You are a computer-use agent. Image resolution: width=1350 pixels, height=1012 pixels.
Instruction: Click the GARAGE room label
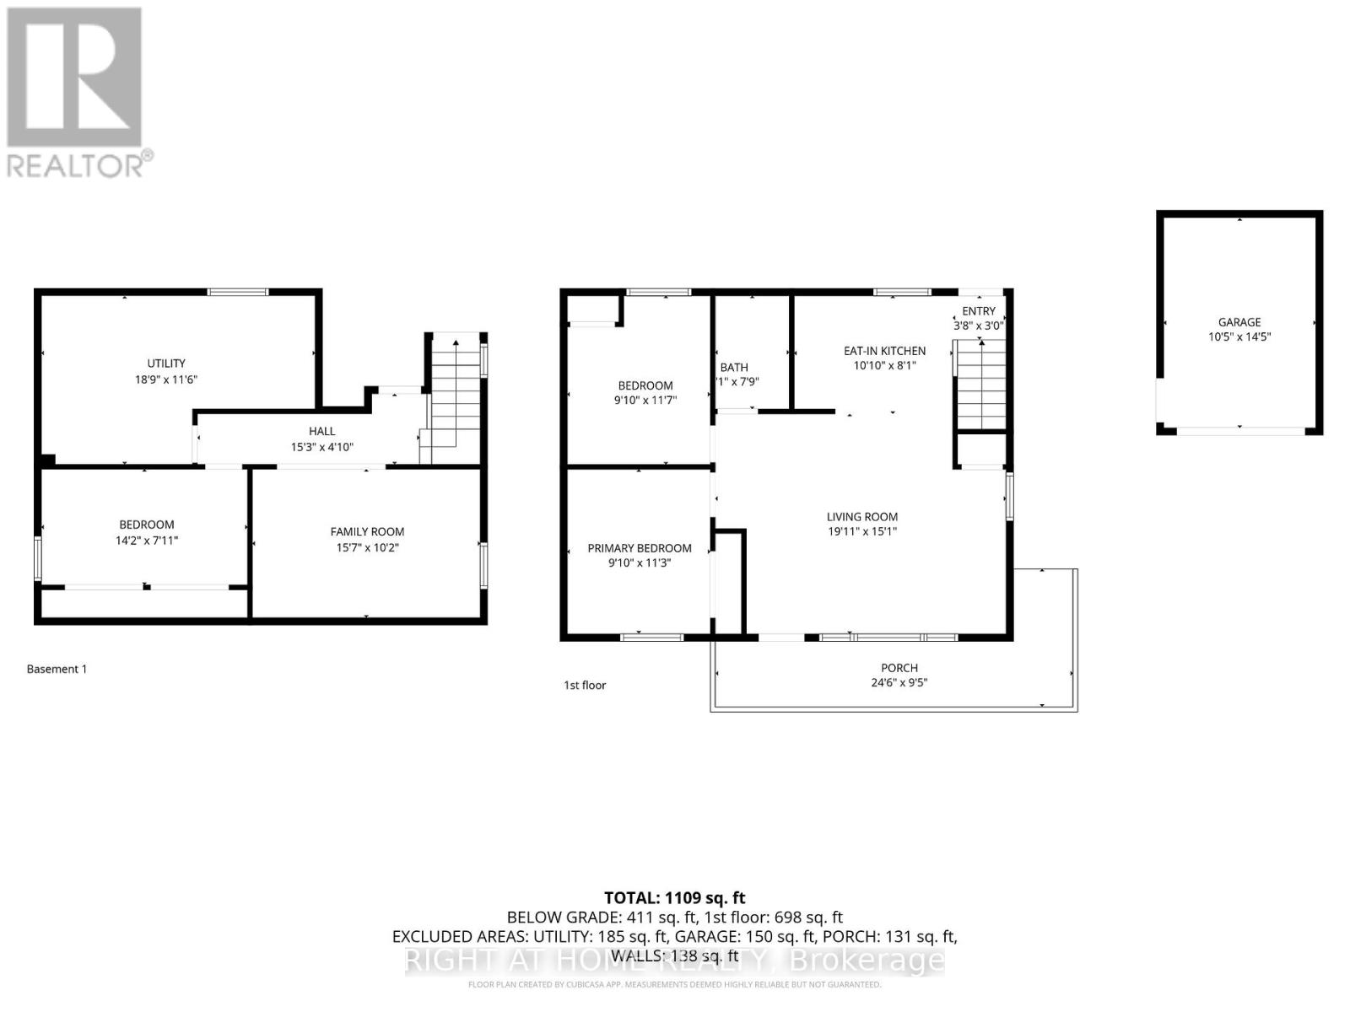pos(1239,321)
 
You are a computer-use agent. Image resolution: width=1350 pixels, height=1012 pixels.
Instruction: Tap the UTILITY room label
pos(166,363)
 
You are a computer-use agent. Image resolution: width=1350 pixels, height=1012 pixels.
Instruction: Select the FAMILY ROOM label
pos(367,531)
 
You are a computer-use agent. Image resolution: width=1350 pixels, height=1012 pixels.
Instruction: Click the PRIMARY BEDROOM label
pos(640,548)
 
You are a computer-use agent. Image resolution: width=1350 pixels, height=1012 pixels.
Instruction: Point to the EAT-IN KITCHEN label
pos(884,351)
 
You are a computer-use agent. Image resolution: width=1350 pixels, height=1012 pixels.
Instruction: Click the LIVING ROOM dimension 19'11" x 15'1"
pos(862,531)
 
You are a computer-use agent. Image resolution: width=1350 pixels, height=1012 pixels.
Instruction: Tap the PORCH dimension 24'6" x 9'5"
pos(899,682)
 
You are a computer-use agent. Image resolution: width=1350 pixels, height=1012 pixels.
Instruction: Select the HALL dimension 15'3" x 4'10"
pos(321,447)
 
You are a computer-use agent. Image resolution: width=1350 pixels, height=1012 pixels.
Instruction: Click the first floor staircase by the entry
pos(981,384)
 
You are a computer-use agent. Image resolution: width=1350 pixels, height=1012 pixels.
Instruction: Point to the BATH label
pos(733,367)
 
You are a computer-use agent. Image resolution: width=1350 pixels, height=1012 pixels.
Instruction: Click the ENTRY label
pos(979,311)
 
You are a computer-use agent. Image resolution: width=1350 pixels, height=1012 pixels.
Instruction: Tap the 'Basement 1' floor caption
pos(57,669)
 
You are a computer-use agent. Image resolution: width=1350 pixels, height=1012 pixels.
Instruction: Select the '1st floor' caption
pos(585,685)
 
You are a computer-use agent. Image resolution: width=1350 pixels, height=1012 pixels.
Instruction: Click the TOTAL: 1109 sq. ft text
pos(674,898)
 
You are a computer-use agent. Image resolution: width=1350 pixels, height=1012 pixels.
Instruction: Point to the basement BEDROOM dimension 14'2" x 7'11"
pos(147,540)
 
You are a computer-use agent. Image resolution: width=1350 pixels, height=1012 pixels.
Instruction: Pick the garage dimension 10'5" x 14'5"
pos(1239,336)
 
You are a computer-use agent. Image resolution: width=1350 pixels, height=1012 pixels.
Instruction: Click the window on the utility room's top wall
pos(238,292)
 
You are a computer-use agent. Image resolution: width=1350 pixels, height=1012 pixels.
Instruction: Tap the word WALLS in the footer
pos(637,955)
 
